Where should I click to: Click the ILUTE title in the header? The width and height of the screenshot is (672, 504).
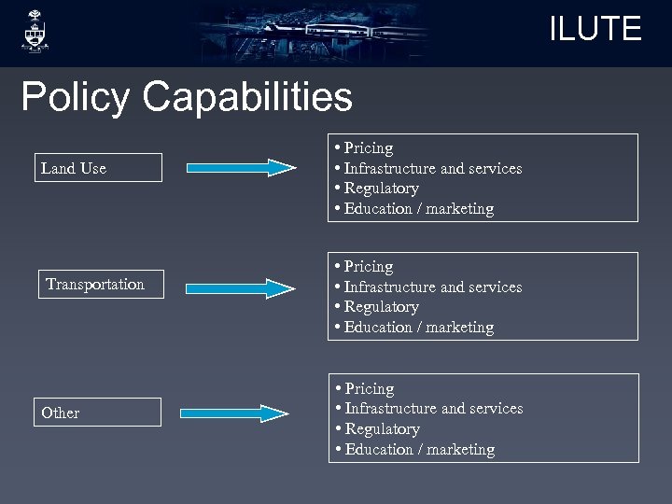coord(595,29)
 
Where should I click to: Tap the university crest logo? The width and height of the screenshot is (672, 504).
coord(35,32)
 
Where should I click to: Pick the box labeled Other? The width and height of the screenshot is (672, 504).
coord(98,413)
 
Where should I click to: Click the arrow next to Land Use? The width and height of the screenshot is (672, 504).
coord(241,168)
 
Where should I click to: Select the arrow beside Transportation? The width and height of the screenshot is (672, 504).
coord(241,287)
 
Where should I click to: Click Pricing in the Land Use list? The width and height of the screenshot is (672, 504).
coord(368,147)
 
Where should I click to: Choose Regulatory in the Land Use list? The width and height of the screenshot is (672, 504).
coord(381,189)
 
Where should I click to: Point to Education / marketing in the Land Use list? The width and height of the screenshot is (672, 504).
coord(418,209)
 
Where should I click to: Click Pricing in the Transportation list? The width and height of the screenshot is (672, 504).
coord(368,266)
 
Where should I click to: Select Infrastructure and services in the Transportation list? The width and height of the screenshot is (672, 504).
coord(432,287)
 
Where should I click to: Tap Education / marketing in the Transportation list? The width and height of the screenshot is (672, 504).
coord(418,328)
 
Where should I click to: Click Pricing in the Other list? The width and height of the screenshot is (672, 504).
coord(369,388)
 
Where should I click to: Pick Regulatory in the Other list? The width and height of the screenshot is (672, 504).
coord(382,429)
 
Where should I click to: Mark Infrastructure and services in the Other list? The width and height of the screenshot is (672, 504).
coord(433,409)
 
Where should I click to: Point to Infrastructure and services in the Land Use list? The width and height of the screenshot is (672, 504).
coord(432,168)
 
